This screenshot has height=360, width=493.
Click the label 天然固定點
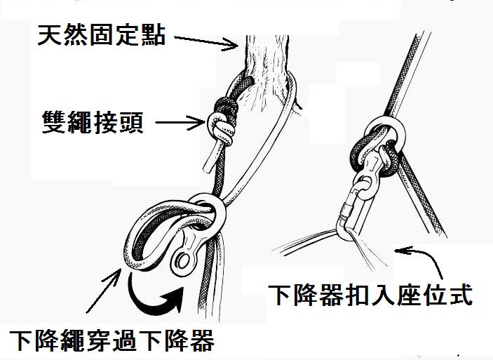(x=102, y=34)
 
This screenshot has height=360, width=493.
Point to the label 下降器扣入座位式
(x=370, y=294)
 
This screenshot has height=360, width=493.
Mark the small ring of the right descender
(x=366, y=187)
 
